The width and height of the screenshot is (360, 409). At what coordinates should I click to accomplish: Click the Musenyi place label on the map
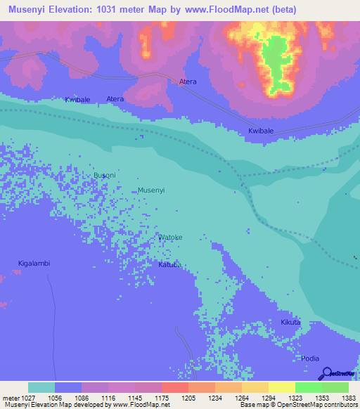152,190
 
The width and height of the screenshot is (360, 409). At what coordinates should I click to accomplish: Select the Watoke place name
170,238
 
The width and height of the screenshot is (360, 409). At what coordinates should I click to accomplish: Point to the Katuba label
169,265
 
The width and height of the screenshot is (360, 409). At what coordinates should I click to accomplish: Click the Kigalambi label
34,264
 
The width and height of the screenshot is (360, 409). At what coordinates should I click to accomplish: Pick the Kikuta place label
290,323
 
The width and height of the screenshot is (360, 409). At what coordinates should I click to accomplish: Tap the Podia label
310,358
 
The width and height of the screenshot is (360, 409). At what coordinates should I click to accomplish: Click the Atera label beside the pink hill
188,82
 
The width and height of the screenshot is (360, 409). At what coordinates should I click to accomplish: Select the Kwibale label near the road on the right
261,131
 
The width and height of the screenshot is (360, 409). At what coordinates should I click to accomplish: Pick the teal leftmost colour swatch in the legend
41,387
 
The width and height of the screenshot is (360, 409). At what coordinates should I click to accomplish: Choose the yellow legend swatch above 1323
281,387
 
